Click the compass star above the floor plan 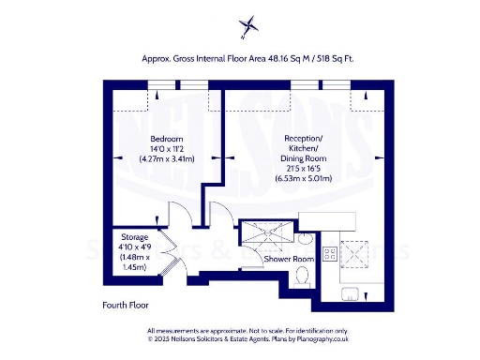248,26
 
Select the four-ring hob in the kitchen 330,253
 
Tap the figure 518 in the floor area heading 324,58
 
